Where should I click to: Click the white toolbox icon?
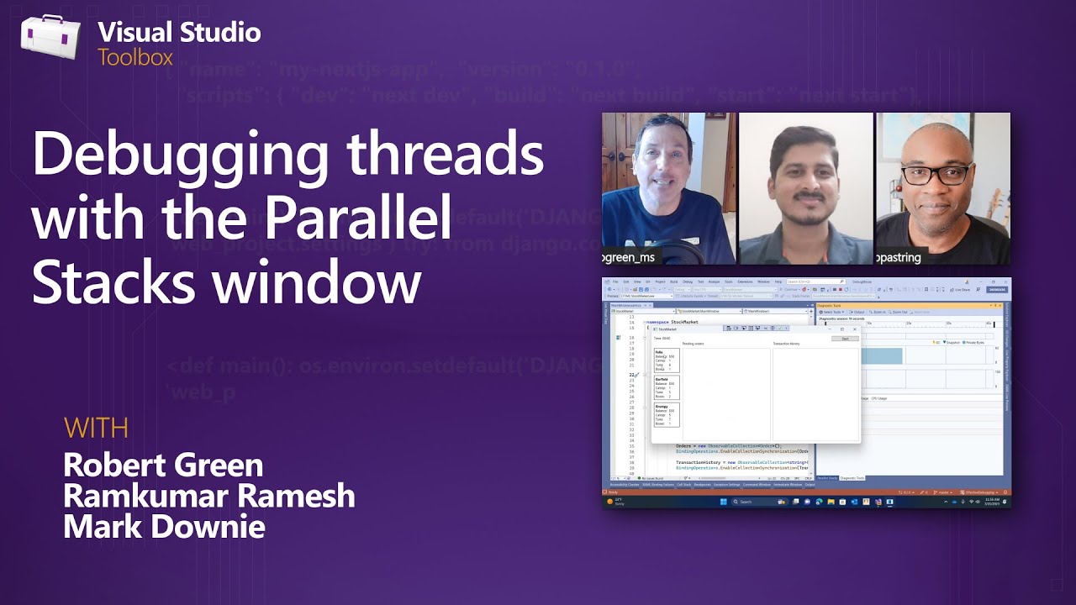pos(50,38)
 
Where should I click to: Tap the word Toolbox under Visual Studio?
pos(134,58)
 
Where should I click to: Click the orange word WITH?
pos(96,428)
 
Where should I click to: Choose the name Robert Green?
pos(163,465)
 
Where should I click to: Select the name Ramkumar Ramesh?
pos(208,496)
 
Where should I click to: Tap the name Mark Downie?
pos(164,527)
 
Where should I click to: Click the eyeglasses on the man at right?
pos(938,175)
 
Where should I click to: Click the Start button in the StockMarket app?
pos(845,339)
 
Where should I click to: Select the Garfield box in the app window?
pos(667,387)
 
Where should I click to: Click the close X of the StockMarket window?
pos(855,329)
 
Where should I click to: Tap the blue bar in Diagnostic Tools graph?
pos(883,356)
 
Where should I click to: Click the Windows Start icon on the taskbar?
pos(721,502)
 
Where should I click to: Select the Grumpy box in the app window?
pos(667,415)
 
